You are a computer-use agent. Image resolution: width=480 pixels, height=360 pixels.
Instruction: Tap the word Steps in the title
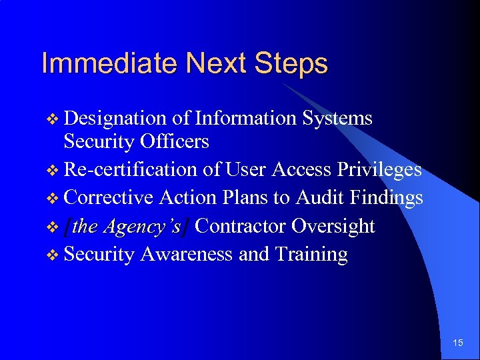[291, 64]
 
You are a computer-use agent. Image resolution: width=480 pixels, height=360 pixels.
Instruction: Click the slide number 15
[458, 343]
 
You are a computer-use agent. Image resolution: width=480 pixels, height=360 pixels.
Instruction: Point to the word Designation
[115, 119]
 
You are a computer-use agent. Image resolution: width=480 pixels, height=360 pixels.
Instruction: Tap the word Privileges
[379, 170]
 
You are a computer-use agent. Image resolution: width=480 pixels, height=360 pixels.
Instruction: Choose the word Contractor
[242, 227]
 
